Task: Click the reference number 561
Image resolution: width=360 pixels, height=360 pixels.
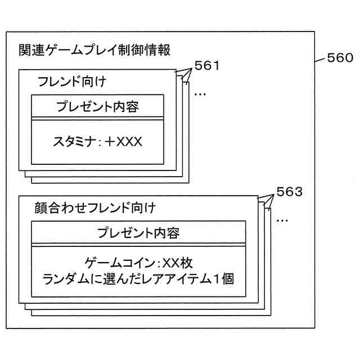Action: point(206,66)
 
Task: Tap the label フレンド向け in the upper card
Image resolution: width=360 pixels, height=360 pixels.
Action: point(72,81)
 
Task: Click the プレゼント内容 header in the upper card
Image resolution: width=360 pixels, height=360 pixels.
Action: point(97,107)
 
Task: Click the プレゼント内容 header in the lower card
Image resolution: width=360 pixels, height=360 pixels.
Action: point(138,232)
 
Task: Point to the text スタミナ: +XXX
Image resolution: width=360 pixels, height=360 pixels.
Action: point(97,141)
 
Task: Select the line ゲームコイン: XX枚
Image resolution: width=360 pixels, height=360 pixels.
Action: point(138,262)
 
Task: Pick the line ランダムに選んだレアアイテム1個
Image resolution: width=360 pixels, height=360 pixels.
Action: point(138,277)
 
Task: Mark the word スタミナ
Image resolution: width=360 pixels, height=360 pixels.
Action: point(73,141)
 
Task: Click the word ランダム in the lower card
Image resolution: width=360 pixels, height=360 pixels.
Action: point(62,277)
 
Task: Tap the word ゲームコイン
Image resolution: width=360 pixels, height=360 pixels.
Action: point(118,262)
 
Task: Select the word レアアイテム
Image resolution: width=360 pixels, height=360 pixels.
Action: point(180,277)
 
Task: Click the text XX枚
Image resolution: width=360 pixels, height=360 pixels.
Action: point(175,262)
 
